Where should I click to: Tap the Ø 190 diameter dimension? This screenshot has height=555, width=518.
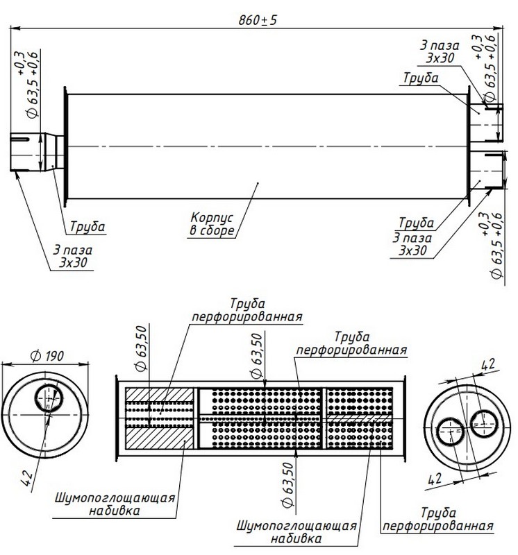47,356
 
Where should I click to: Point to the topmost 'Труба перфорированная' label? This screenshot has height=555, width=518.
247,311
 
